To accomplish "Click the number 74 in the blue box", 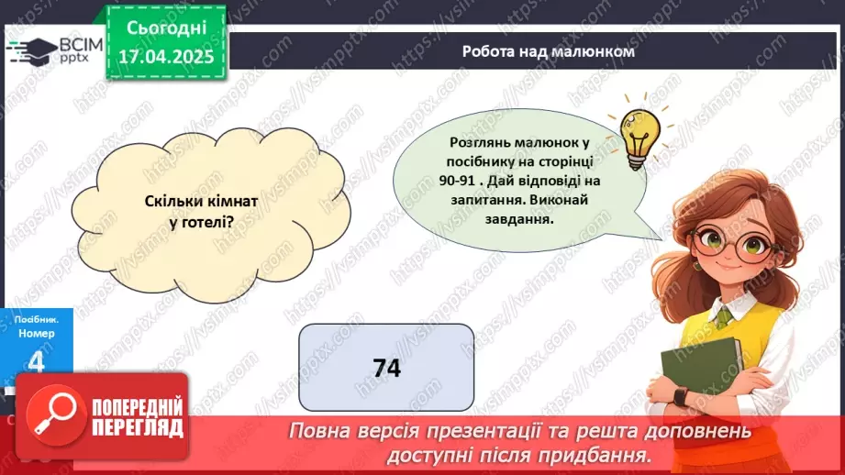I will click(387, 368).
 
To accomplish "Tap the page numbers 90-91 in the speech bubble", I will click(471, 179).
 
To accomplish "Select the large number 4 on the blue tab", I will click(37, 363).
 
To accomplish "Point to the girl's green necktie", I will click(724, 316).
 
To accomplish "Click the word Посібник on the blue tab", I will click(36, 318).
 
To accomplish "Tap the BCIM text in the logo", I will click(77, 43).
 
